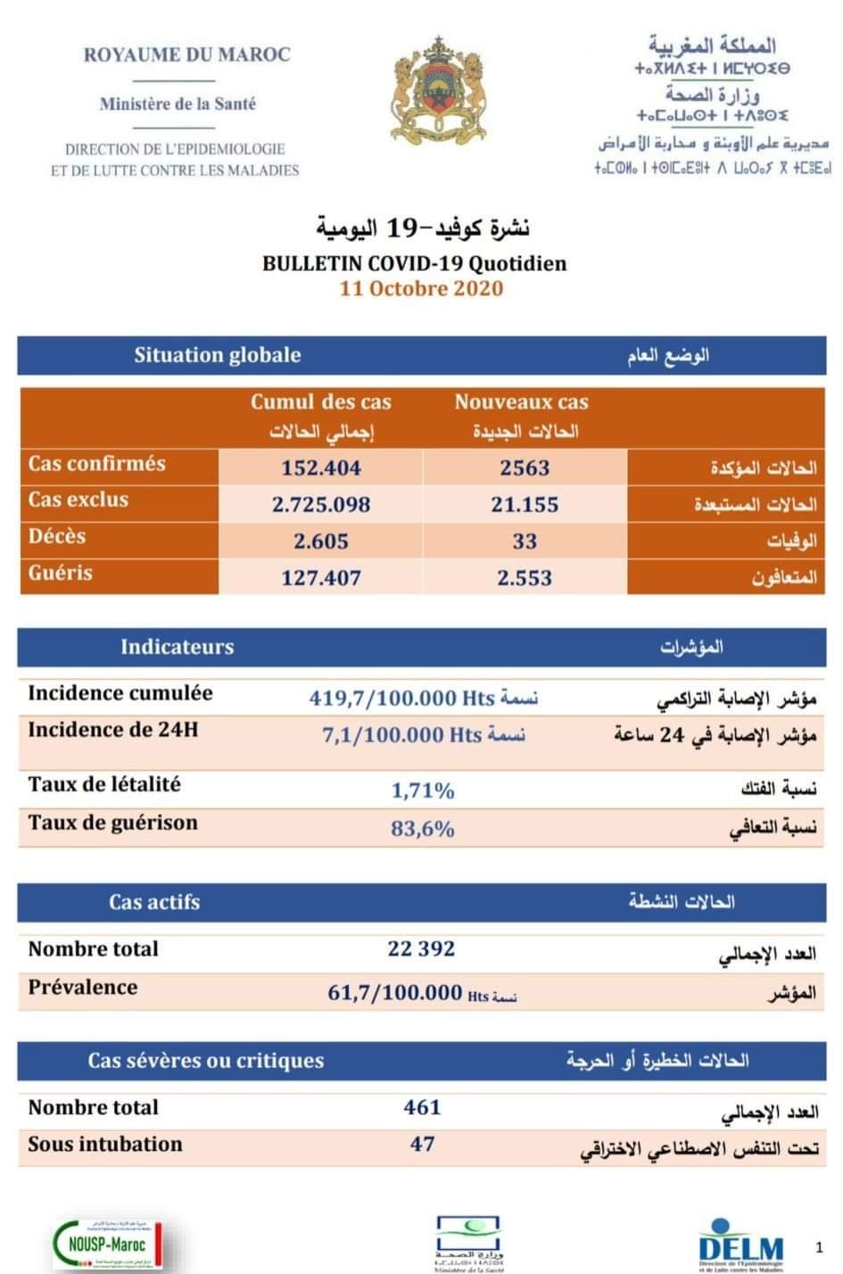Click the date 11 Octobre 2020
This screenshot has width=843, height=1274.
point(421,289)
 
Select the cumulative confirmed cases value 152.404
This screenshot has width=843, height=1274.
point(321,467)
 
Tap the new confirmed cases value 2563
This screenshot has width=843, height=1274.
point(525,467)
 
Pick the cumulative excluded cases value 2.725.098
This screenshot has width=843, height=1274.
point(321,504)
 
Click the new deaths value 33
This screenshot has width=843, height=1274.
point(525,542)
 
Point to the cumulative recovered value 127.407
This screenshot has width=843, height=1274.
point(321,578)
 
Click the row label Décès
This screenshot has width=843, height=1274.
point(57,537)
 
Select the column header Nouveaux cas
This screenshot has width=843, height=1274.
point(521,402)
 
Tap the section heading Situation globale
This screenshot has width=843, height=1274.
point(217,355)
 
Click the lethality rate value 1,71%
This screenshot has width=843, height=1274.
point(423,790)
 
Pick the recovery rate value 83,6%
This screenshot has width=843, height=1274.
point(423,829)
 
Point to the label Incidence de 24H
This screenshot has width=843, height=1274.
point(113,730)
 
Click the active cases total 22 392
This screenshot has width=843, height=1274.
point(421,948)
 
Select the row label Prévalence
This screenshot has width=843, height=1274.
point(83,988)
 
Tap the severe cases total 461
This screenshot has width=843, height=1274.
point(422,1107)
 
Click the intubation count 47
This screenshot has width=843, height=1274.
point(423,1144)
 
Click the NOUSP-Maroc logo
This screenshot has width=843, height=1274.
point(107,1245)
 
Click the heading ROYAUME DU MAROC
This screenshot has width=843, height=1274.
point(187,54)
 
